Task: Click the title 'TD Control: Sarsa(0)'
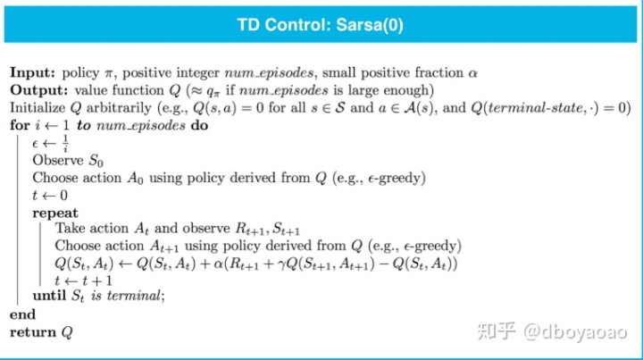point(321,25)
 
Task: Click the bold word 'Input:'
point(32,72)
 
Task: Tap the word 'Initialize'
point(38,108)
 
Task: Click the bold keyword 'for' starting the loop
point(20,125)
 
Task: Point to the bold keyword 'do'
point(199,125)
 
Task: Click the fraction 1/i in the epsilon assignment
point(65,144)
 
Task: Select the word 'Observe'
point(58,160)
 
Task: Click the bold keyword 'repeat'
point(55,213)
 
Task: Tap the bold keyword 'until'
point(49,295)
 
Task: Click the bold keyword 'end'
point(22,314)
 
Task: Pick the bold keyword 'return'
point(33,332)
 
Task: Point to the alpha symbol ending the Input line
point(472,73)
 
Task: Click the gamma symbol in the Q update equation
point(281,264)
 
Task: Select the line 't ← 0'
point(50,195)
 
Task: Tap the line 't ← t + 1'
point(84,280)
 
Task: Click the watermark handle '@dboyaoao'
point(575,331)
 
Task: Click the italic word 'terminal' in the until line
point(134,295)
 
